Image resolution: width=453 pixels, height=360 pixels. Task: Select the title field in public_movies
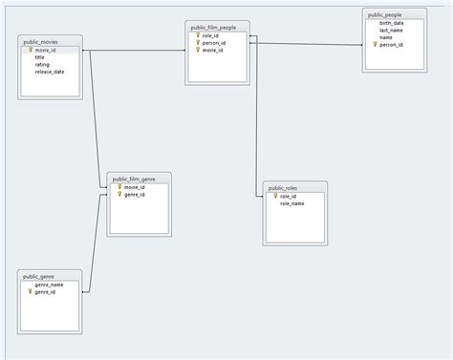coord(40,57)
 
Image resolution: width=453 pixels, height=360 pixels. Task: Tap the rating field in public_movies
coord(42,65)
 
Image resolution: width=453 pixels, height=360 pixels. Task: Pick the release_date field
coord(50,72)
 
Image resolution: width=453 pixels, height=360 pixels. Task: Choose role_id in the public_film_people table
coord(210,35)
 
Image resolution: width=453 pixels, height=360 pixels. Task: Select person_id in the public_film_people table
coord(213,43)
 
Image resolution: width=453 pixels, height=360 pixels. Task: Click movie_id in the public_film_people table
coord(213,50)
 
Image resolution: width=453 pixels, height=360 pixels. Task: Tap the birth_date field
coord(392,23)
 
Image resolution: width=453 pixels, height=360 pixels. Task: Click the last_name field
coord(391,30)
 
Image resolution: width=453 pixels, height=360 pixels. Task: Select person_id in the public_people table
coord(391,44)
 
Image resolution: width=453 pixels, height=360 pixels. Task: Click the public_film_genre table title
coord(140,179)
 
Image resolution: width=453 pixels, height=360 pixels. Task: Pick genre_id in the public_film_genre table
coord(134,195)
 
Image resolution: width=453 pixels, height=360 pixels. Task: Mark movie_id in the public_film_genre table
coord(134,187)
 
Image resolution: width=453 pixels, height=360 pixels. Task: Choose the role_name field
coord(291,203)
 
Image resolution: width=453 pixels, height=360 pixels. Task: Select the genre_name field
coord(49,285)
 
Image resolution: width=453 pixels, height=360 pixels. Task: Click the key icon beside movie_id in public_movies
coord(30,50)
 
